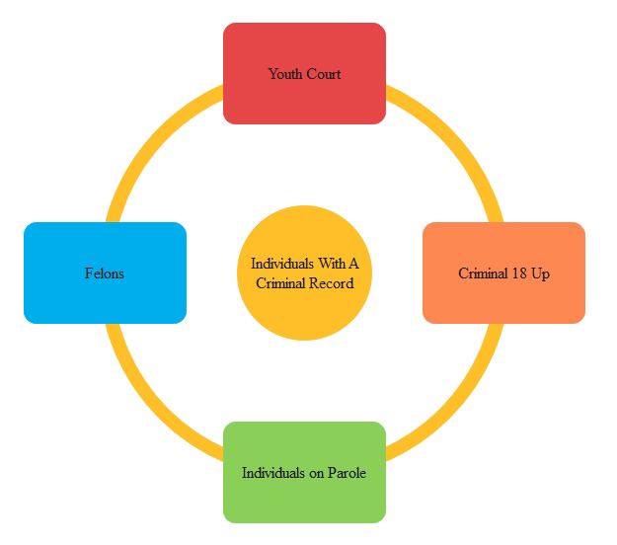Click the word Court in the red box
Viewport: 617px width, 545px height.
324,74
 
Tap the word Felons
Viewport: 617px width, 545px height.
105,273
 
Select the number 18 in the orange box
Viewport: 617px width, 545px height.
521,273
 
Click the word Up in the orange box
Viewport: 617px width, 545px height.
541,273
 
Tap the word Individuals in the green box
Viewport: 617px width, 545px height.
273,473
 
